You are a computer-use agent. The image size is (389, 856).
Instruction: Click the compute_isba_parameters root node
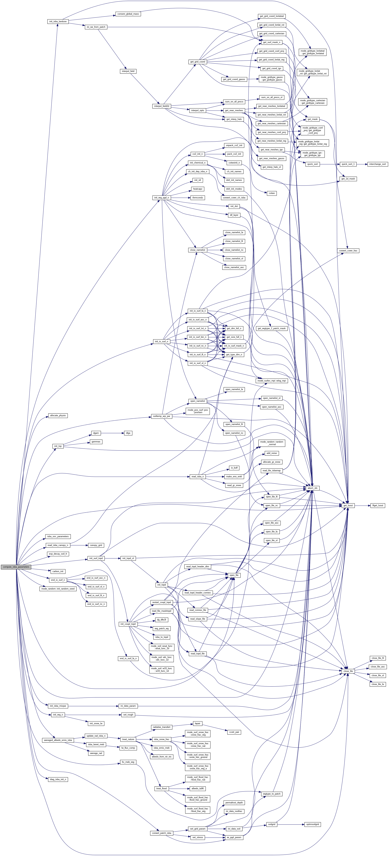16,567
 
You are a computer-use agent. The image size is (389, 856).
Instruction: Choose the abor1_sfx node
312,488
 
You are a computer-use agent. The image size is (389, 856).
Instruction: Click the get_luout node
348,505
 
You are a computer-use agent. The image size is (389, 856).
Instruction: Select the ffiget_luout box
378,505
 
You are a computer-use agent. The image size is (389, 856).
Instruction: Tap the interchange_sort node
377,164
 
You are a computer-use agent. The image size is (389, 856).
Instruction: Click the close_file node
348,671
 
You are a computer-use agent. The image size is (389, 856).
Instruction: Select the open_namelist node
197,401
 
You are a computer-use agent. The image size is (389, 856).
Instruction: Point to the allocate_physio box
58,416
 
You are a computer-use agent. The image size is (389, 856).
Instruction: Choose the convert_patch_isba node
162,833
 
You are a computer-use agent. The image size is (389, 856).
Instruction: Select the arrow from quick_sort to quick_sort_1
329,164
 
